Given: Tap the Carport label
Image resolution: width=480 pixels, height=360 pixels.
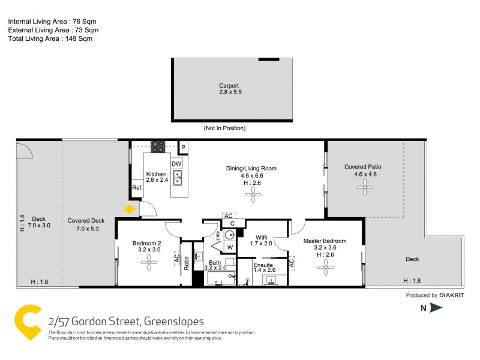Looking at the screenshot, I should click(x=229, y=86).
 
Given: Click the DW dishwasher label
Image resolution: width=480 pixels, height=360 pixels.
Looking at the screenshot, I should click(x=176, y=163).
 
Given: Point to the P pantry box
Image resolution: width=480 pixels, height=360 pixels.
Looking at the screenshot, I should click(x=184, y=146).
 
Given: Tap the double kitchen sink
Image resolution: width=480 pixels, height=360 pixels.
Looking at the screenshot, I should click(x=177, y=178).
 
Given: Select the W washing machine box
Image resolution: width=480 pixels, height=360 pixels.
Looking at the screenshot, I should click(x=230, y=247).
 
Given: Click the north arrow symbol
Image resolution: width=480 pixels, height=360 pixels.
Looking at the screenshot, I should click(x=436, y=308).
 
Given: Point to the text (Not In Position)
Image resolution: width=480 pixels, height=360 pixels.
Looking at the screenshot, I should click(x=225, y=128).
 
